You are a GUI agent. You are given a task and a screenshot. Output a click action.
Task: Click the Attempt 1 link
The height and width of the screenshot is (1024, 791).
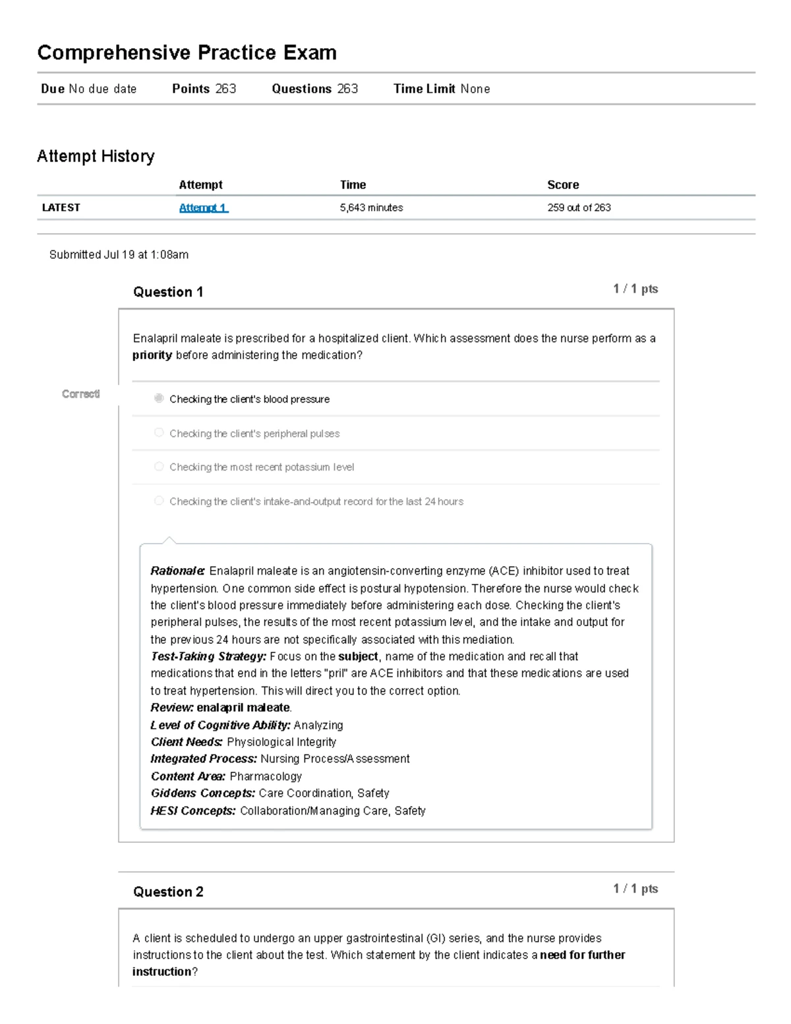(x=203, y=208)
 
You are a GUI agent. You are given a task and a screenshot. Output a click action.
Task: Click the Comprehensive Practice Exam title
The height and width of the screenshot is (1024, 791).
(x=187, y=53)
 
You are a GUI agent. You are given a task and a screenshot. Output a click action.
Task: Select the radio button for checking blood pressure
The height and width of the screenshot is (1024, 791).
(x=159, y=398)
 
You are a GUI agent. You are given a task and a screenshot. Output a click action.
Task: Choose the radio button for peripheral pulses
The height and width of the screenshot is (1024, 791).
(x=159, y=432)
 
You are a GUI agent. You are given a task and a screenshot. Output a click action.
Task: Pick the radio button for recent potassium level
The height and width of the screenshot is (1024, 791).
(x=159, y=467)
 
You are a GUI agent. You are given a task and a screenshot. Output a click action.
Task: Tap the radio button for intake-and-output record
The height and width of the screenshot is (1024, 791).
(x=159, y=501)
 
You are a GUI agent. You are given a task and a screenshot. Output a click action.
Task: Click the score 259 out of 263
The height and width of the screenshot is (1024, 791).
(x=579, y=208)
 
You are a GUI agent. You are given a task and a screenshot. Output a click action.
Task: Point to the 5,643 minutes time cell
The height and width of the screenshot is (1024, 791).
(x=371, y=208)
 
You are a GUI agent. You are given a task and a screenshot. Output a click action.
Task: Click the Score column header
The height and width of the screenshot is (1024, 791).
(x=563, y=185)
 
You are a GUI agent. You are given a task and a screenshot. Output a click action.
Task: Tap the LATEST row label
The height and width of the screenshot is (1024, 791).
(x=61, y=208)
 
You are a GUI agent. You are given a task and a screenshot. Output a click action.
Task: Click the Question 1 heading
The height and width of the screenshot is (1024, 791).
(x=168, y=292)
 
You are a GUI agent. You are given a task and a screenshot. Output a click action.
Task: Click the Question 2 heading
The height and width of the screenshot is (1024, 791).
(x=168, y=892)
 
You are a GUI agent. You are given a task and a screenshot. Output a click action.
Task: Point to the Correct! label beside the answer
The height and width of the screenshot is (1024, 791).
(x=80, y=394)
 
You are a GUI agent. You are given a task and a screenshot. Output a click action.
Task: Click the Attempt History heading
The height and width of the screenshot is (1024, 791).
(x=96, y=156)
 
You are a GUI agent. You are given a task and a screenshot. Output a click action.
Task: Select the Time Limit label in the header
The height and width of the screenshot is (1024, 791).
(x=425, y=89)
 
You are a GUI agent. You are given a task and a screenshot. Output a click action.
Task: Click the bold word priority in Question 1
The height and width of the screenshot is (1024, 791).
(x=152, y=355)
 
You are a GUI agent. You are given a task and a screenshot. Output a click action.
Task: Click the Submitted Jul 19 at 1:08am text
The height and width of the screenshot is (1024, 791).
(x=119, y=254)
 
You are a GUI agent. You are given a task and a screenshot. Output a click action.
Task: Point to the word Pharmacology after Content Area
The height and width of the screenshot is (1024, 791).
(x=266, y=776)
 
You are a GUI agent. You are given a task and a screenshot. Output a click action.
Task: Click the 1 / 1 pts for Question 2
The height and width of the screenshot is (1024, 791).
(x=635, y=888)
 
